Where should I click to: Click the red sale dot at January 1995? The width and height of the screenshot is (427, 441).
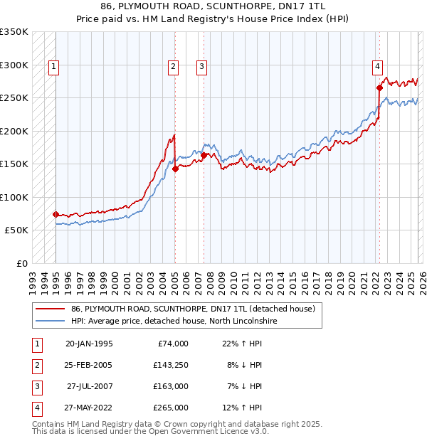[x=56, y=214]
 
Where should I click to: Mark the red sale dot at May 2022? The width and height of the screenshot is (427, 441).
[x=379, y=88]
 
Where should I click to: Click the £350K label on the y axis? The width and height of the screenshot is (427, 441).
[x=14, y=32]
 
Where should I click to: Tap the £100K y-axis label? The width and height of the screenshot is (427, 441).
[x=14, y=197]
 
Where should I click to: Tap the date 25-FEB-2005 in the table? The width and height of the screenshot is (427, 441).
[x=88, y=365]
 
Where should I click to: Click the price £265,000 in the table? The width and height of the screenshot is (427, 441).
[x=171, y=408]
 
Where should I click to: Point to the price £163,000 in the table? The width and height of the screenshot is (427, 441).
[x=171, y=386]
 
